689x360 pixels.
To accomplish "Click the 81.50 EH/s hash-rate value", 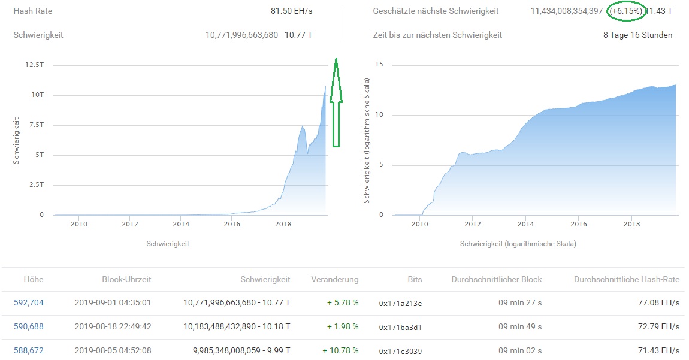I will click(x=291, y=11).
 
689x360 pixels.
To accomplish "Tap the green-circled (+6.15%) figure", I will click(x=625, y=11).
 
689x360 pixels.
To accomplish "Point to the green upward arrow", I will click(x=336, y=102).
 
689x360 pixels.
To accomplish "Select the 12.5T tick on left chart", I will click(x=33, y=65).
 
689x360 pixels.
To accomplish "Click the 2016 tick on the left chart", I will click(x=232, y=224).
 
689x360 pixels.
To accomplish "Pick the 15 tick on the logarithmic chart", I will click(x=379, y=65).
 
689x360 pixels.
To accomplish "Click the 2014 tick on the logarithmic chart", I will click(x=525, y=224).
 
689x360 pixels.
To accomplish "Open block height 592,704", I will click(x=28, y=302).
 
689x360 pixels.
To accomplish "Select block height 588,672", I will click(x=28, y=350).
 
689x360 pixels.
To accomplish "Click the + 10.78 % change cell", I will click(x=340, y=350).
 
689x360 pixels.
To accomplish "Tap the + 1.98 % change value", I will click(x=343, y=326).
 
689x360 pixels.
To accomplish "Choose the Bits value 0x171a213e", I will click(x=400, y=303).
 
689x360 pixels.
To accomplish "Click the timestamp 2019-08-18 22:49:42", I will click(x=113, y=326).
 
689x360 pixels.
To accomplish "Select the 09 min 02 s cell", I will click(x=520, y=350).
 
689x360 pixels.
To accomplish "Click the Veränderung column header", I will click(x=335, y=279).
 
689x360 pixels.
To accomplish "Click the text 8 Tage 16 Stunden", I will click(x=637, y=35).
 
